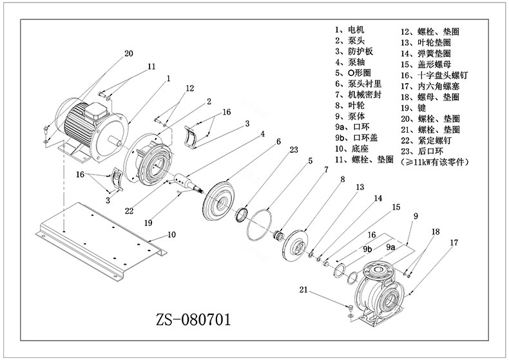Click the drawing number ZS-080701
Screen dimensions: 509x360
pyautogui.click(x=193, y=319)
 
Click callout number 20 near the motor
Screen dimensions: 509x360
pyautogui.click(x=129, y=53)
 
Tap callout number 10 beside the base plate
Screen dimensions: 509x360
pyautogui.click(x=171, y=234)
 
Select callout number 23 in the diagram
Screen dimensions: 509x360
pyautogui.click(x=293, y=149)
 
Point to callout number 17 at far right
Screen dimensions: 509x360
pyautogui.click(x=454, y=242)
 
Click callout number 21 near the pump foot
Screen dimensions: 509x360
pyautogui.click(x=303, y=289)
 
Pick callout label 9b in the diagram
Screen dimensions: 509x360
pyautogui.click(x=367, y=249)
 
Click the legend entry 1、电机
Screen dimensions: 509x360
pyautogui.click(x=350, y=30)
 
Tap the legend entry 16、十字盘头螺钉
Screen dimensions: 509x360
pyautogui.click(x=434, y=75)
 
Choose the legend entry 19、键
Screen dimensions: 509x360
pyautogui.click(x=413, y=108)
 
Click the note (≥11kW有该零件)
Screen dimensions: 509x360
pyautogui.click(x=435, y=162)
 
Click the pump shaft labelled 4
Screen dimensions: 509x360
pyautogui.click(x=187, y=183)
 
